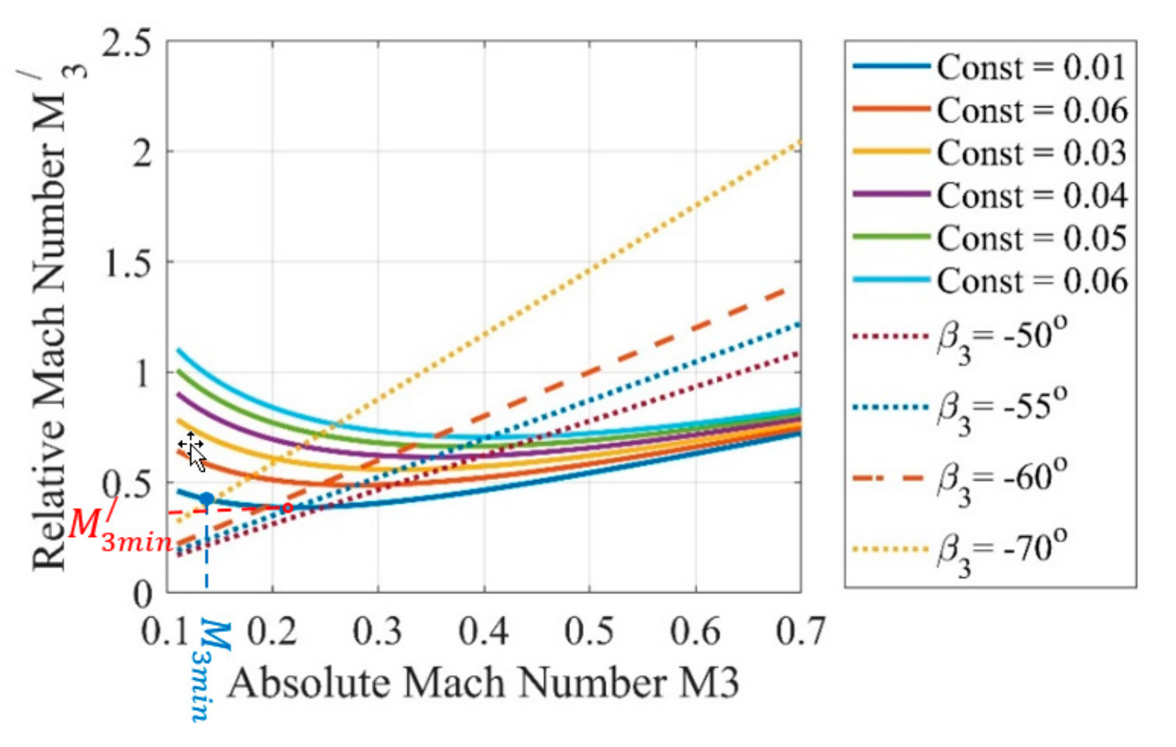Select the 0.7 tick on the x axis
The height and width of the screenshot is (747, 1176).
pyautogui.click(x=800, y=631)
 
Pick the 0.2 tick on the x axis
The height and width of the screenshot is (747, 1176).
pyautogui.click(x=272, y=631)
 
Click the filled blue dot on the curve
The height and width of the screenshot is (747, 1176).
pyautogui.click(x=207, y=499)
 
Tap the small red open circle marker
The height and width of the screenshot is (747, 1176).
pyautogui.click(x=287, y=507)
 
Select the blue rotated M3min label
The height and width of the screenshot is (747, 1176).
pyautogui.click(x=210, y=671)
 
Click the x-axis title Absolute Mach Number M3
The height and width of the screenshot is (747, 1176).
pyautogui.click(x=483, y=684)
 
